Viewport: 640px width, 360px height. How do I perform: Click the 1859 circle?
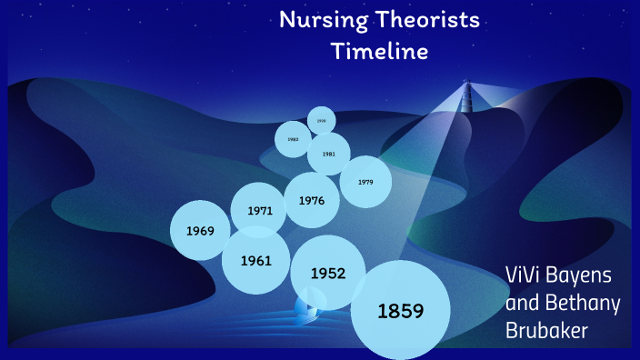pos(401,311)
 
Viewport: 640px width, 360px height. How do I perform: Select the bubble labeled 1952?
pos(328,273)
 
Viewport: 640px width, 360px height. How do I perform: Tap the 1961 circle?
pos(256,261)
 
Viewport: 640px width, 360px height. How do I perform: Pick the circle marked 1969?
pos(200,230)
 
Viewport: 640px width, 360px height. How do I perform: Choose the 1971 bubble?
pos(259,211)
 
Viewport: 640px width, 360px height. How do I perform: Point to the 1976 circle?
pos(312,201)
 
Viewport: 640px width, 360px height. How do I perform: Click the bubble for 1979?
pos(365,182)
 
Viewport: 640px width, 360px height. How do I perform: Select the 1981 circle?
pos(328,154)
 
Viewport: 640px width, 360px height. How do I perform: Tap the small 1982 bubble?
pos(293,139)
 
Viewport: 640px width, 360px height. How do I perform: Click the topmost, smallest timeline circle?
pos(321,120)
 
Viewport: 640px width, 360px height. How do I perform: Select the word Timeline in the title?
pos(379,52)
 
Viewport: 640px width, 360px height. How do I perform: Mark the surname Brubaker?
pos(548,332)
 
